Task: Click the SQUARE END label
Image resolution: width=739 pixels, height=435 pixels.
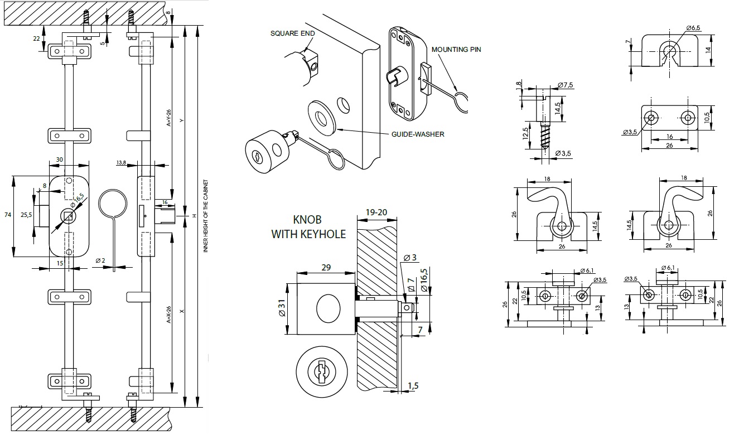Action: tap(293, 33)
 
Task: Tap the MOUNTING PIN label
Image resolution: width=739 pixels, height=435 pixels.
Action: tap(456, 49)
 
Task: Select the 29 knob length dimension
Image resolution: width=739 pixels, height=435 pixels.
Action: tap(326, 267)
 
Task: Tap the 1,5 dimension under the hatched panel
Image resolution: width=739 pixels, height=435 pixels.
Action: tap(413, 385)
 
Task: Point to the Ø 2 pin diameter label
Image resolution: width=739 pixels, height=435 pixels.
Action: tap(100, 260)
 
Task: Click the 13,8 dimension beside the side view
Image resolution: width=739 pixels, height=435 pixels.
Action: tap(121, 162)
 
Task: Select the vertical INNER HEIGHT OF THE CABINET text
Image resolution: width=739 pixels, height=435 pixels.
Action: tap(205, 217)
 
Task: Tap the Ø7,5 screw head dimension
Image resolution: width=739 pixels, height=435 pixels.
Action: tap(566, 85)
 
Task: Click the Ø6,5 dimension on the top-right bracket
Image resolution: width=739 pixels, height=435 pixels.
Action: tap(693, 27)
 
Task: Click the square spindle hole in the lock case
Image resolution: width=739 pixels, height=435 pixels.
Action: tap(67, 215)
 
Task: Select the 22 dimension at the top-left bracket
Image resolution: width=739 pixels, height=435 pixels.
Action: tap(37, 38)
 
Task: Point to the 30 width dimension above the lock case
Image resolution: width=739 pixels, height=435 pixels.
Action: tap(60, 159)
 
